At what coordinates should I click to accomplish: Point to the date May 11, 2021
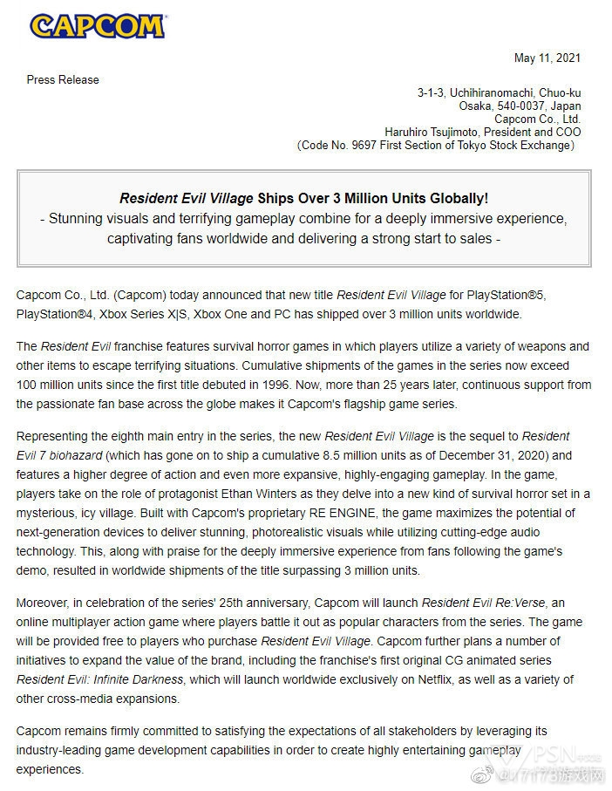coord(547,58)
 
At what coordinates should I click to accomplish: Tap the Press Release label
coord(63,79)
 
